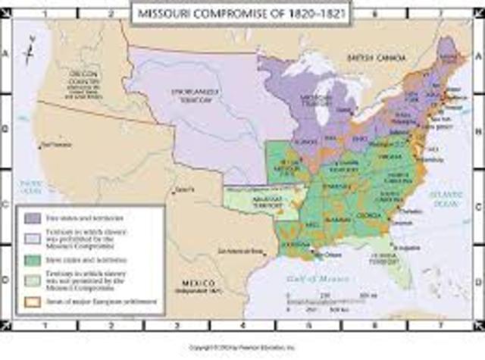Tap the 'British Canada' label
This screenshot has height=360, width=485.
pyautogui.click(x=371, y=57)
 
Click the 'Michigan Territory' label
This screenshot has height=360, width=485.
pyautogui.click(x=313, y=99)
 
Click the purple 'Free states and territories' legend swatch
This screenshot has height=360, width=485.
pyautogui.click(x=32, y=218)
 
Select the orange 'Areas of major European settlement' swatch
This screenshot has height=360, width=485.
pyautogui.click(x=32, y=302)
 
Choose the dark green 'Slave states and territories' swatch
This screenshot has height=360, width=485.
pyautogui.click(x=32, y=260)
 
